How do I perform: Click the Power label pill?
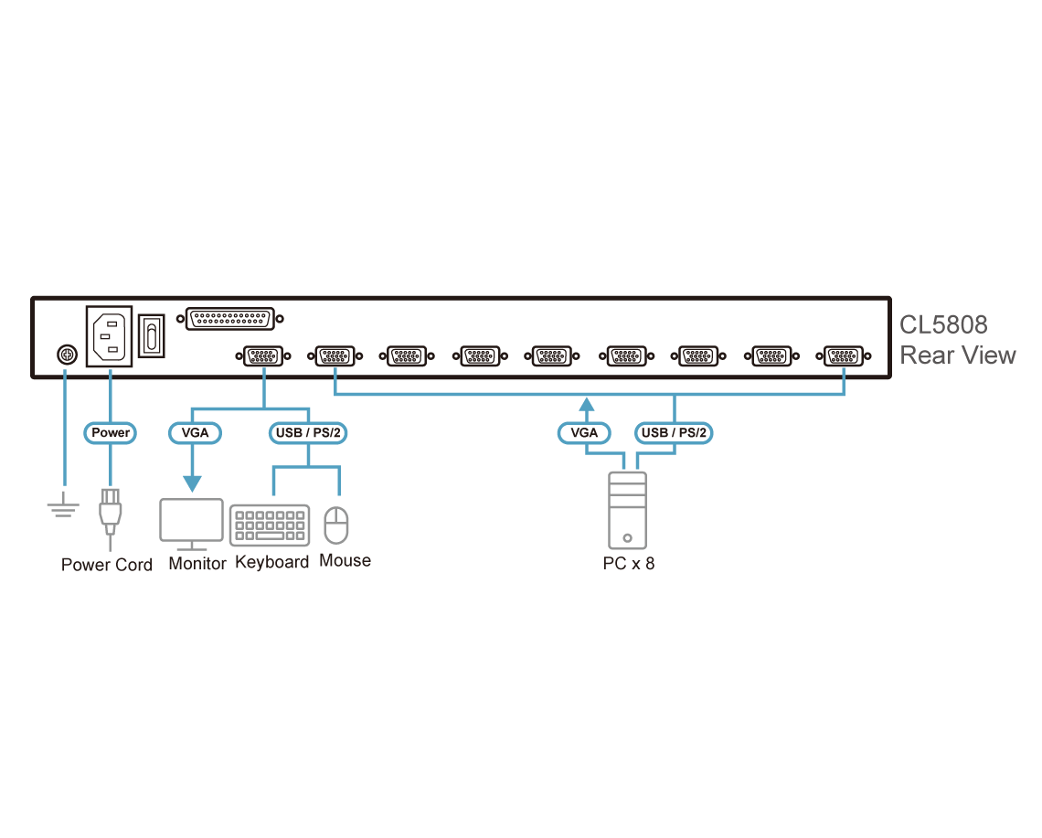[110, 432]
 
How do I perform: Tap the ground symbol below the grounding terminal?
[64, 504]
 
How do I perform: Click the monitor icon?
[192, 524]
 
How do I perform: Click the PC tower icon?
[627, 510]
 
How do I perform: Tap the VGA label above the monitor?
[194, 432]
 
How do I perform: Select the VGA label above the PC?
[585, 432]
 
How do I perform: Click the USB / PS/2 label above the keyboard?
[307, 432]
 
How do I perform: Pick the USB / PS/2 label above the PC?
[674, 432]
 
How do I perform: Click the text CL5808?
[943, 325]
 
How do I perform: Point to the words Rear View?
[957, 355]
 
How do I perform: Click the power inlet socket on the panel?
[110, 335]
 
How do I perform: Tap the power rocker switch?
[152, 335]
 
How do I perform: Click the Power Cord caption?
[107, 564]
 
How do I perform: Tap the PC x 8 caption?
[629, 563]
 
